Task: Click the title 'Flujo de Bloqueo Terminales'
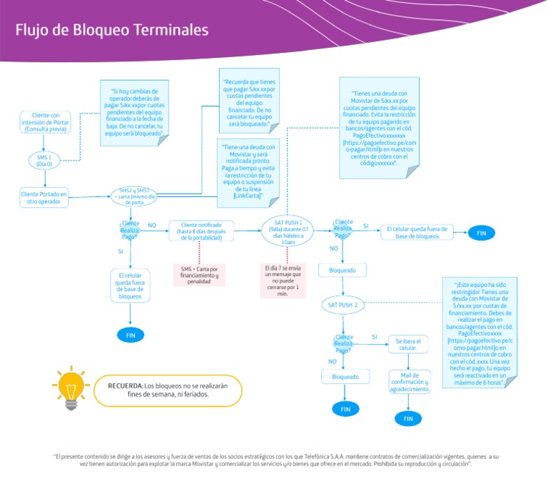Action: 112,30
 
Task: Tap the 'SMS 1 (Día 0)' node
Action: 44,160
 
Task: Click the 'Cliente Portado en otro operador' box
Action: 44,198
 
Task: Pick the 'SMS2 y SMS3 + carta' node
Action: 133,196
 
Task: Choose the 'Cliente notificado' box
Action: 201,231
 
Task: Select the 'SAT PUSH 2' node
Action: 343,305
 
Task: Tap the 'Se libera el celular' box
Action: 407,345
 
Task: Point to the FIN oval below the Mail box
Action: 408,419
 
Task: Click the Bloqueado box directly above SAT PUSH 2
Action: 342,271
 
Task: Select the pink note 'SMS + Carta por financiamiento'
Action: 200,275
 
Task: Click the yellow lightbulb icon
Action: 71,388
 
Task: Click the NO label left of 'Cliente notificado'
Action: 151,225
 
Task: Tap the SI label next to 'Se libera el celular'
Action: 375,336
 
